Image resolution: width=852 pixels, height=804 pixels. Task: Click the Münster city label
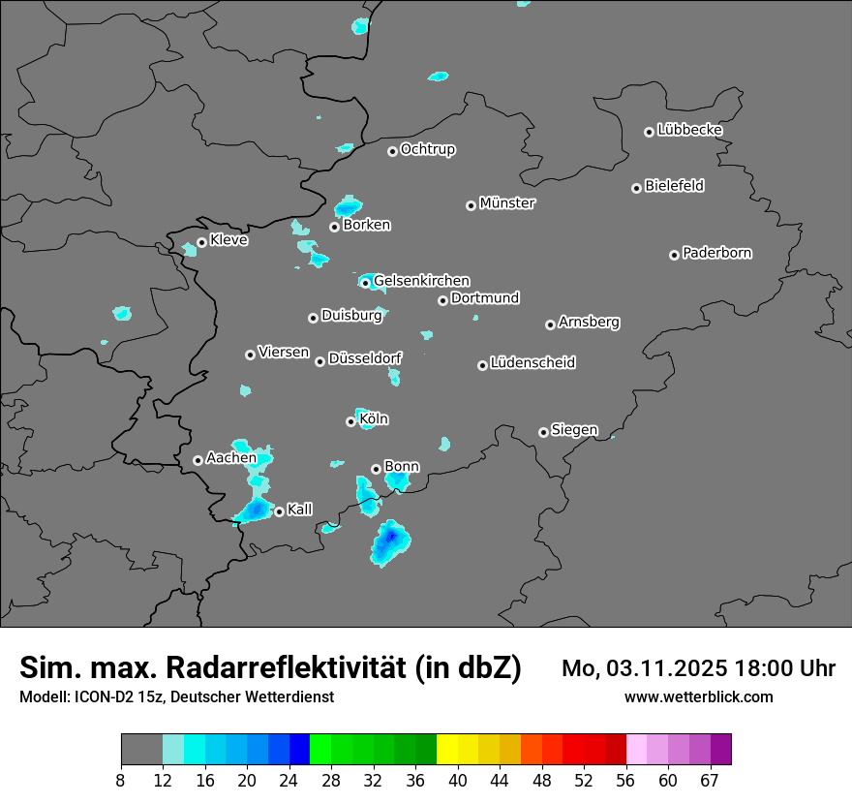point(507,203)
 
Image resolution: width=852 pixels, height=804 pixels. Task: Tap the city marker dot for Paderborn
point(674,255)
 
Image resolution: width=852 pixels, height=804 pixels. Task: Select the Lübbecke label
point(689,130)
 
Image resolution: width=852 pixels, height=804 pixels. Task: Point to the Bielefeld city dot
point(636,188)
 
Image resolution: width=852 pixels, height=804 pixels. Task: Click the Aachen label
point(231,457)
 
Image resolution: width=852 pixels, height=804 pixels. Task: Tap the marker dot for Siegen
point(543,432)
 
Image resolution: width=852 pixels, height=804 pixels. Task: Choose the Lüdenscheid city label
point(532,363)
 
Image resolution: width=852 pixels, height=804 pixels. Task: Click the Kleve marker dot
point(201,242)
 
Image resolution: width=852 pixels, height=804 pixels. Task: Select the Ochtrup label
point(428,149)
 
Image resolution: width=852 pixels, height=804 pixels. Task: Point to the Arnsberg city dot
point(550,325)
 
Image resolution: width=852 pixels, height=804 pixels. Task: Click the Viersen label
point(284,353)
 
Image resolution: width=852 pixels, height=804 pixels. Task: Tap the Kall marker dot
point(279,511)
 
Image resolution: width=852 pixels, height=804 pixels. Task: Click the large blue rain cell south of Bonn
point(389,542)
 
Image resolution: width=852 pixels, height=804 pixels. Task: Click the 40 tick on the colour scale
point(458,780)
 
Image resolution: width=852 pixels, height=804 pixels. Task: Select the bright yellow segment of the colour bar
point(447,750)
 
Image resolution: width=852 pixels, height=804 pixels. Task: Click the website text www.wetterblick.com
point(698,696)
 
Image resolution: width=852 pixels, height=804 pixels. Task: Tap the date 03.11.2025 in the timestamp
point(663,668)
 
